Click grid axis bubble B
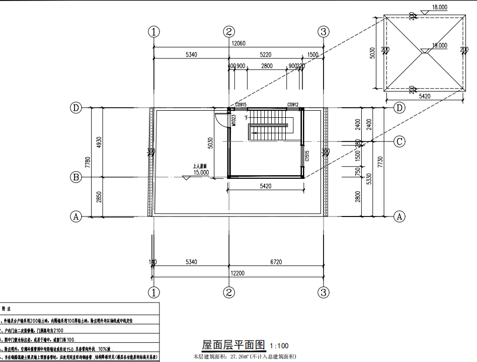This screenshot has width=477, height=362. [76, 177]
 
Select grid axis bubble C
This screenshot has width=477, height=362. [399, 141]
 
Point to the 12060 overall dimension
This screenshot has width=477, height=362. [238, 44]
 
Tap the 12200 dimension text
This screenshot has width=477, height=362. [238, 272]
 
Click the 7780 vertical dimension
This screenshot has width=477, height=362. [88, 162]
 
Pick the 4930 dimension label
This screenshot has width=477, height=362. [99, 142]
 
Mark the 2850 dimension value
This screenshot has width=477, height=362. [99, 197]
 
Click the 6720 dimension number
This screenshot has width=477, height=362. [276, 262]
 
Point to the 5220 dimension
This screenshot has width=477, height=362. [266, 54]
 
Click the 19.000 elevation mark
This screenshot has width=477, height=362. [439, 45]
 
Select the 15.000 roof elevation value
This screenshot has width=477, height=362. [201, 172]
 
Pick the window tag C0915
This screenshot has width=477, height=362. [241, 105]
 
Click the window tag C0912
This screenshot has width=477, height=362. [293, 105]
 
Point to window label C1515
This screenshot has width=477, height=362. [306, 157]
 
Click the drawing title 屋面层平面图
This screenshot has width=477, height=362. [233, 345]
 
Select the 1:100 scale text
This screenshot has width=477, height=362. [279, 346]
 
